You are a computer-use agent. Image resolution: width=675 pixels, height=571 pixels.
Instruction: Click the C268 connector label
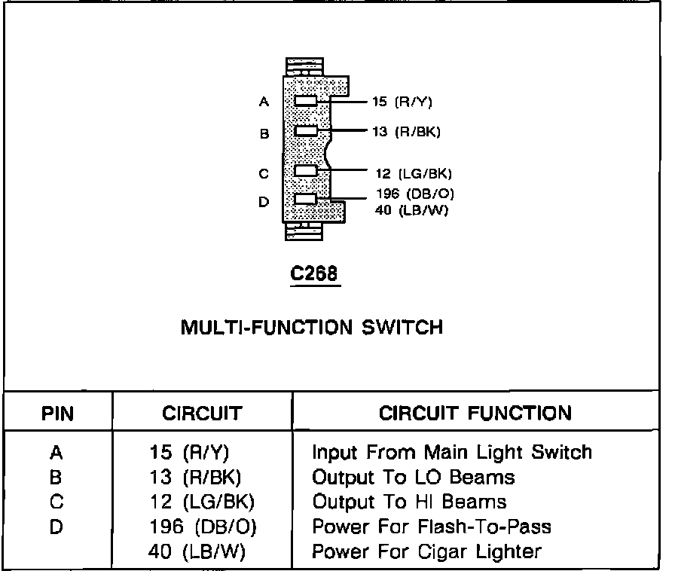[315, 276]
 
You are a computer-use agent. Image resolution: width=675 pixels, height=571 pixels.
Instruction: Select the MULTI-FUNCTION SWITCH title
[311, 328]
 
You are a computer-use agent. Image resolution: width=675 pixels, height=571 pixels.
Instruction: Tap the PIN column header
[57, 413]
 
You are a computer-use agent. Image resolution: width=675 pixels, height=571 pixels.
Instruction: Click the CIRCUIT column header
[202, 413]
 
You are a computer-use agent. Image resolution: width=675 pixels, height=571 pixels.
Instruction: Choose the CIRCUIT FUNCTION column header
[475, 413]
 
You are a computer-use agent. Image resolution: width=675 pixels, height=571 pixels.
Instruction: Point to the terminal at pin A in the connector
[306, 101]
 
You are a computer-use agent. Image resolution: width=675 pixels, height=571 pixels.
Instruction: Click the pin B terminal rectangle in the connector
[306, 131]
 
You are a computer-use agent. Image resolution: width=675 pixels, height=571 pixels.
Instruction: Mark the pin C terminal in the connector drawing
[305, 171]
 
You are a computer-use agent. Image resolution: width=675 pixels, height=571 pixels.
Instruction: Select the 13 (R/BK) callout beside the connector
[405, 132]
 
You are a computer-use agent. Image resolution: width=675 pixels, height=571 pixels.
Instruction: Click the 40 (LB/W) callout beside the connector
[411, 210]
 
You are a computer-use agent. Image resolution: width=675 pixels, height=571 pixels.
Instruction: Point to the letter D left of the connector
[264, 202]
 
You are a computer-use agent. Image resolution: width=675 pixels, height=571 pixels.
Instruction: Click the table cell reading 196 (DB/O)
[203, 527]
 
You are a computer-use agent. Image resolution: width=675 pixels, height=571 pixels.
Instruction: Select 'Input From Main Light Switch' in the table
[451, 452]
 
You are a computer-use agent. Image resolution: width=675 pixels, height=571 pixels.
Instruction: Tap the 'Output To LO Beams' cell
[413, 477]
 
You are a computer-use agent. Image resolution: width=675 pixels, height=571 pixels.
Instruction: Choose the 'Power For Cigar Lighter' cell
[426, 551]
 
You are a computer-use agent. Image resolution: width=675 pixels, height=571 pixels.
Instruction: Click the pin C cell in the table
[56, 502]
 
